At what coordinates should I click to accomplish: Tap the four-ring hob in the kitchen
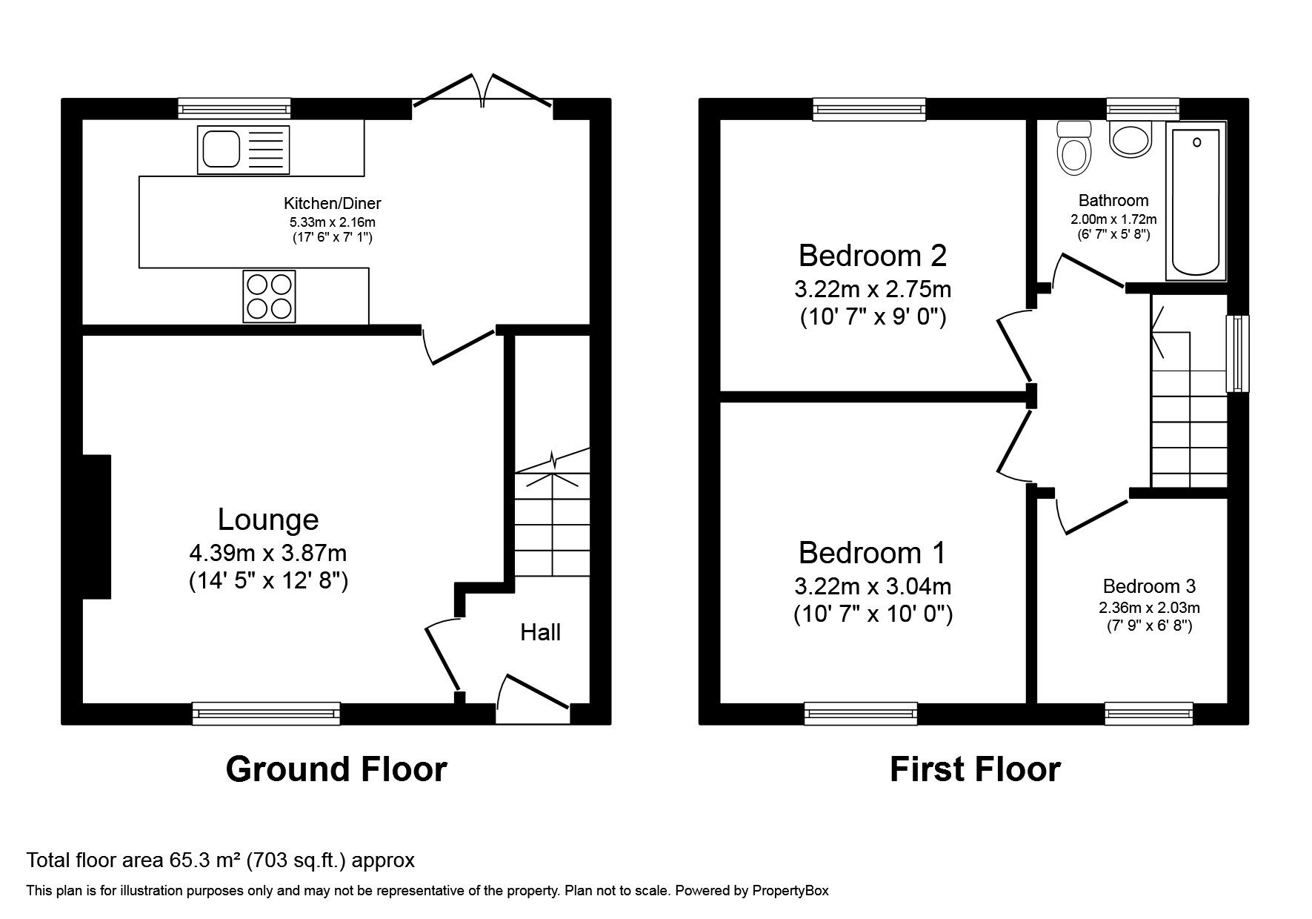[x=269, y=296]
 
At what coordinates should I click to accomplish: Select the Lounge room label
[x=268, y=520]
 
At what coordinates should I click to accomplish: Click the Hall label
[x=540, y=632]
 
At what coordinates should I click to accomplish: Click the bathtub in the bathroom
[x=1196, y=201]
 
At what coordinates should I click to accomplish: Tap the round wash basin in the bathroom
[x=1131, y=139]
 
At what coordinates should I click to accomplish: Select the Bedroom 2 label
[x=873, y=256]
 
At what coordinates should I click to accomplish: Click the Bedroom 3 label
[x=1149, y=586]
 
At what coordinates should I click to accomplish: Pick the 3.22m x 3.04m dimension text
[x=873, y=586]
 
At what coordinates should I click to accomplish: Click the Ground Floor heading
[x=336, y=769]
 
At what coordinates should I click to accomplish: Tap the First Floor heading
[x=975, y=769]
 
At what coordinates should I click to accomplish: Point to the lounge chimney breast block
[x=96, y=526]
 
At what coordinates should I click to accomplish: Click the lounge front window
[x=266, y=713]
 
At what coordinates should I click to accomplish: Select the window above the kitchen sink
[x=234, y=109]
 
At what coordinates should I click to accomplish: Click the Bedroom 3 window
[x=1149, y=713]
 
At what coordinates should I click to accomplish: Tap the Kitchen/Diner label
[x=333, y=203]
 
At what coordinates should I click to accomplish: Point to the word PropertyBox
[x=790, y=891]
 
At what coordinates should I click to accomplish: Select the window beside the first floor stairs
[x=1237, y=354]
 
